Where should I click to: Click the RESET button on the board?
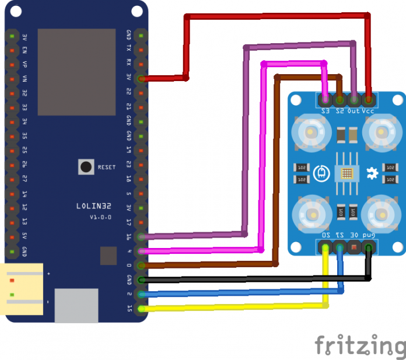(x=86, y=167)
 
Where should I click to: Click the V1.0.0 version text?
(x=100, y=217)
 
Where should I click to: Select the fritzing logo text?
(x=359, y=345)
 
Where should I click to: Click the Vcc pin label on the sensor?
(x=368, y=110)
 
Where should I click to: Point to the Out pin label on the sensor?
(x=353, y=110)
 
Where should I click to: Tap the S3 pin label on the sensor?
(x=325, y=110)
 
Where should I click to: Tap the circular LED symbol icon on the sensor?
(x=320, y=173)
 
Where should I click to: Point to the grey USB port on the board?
(x=76, y=305)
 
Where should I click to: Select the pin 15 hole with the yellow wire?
(x=140, y=308)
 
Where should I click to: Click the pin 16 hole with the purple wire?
(x=140, y=236)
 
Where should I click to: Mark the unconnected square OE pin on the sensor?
(x=353, y=248)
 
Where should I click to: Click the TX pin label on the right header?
(x=128, y=49)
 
